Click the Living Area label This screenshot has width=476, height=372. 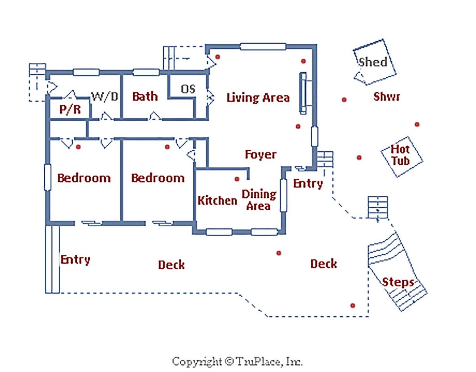258,98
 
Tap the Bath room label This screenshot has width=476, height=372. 145,96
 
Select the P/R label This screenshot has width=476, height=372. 70,109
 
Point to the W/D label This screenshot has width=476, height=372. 105,96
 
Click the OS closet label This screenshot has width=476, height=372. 188,89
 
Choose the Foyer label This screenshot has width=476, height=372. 260,155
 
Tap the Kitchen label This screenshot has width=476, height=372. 217,200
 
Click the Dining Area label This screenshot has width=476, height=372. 259,200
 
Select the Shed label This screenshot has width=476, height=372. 373,62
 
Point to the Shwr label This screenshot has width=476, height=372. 387,97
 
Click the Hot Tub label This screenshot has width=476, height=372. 401,155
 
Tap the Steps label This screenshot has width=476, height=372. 398,282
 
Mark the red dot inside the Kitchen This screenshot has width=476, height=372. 237,179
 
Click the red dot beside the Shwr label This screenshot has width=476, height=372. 344,100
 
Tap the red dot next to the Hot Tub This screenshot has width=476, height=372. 359,158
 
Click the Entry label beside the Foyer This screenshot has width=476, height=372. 308,184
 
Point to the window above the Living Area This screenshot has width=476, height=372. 263,46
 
